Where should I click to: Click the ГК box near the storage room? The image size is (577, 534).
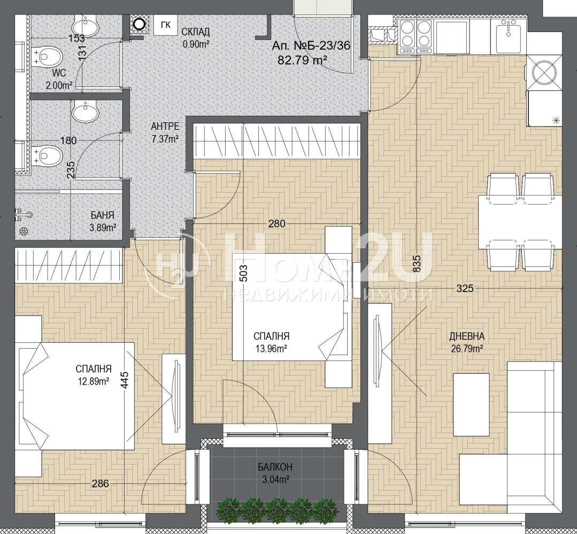point(166,25)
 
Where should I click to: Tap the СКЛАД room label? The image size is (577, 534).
point(195,32)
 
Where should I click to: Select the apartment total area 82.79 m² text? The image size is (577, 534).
point(302,59)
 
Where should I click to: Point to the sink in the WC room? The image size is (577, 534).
point(85,27)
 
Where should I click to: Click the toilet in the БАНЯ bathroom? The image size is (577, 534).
point(48,155)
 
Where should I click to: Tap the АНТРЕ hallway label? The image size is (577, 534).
point(165,127)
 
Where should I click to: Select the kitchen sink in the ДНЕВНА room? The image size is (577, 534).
point(509,37)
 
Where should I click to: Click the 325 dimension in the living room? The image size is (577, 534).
point(465,288)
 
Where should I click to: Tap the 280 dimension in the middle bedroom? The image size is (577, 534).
point(276,223)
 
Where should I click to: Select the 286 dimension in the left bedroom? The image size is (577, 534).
point(100,484)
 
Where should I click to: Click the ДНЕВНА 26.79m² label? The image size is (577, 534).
point(467,342)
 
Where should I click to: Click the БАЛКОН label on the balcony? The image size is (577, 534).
point(275,467)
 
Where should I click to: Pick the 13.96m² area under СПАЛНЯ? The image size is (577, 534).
point(271,348)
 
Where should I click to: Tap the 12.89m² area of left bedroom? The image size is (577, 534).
point(93,381)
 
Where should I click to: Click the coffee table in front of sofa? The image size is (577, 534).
point(471,404)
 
